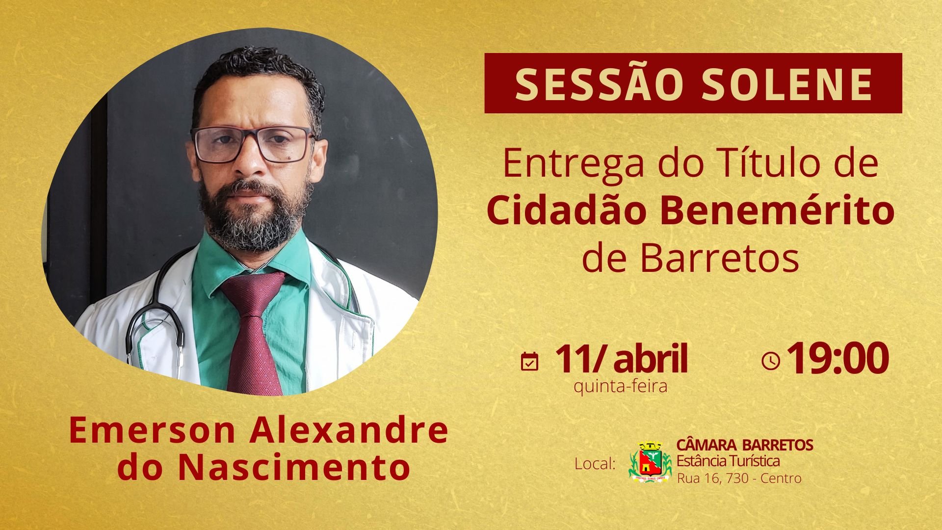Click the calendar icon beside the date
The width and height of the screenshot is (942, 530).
(529, 362)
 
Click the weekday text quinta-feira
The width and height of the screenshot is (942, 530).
(621, 387)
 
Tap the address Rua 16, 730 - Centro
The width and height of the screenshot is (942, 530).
(739, 478)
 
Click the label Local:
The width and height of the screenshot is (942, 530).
(595, 463)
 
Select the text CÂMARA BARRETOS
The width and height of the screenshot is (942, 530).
(745, 445)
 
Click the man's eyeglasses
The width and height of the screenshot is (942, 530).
(253, 144)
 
